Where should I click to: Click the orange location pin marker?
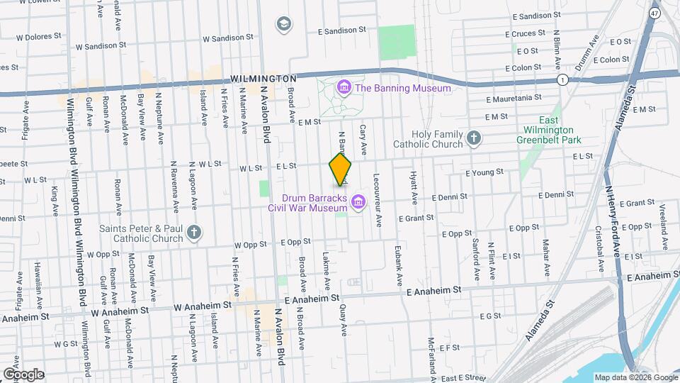(341, 169)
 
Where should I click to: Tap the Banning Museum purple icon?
(344, 88)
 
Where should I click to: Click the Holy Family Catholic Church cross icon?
(474, 138)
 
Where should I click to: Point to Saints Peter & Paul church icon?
(194, 232)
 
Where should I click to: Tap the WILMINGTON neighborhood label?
(263, 78)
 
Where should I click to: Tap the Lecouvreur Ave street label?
(378, 201)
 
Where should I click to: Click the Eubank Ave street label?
(399, 260)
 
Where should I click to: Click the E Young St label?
(484, 172)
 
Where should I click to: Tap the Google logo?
(23, 374)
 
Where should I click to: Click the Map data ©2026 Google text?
(635, 377)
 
